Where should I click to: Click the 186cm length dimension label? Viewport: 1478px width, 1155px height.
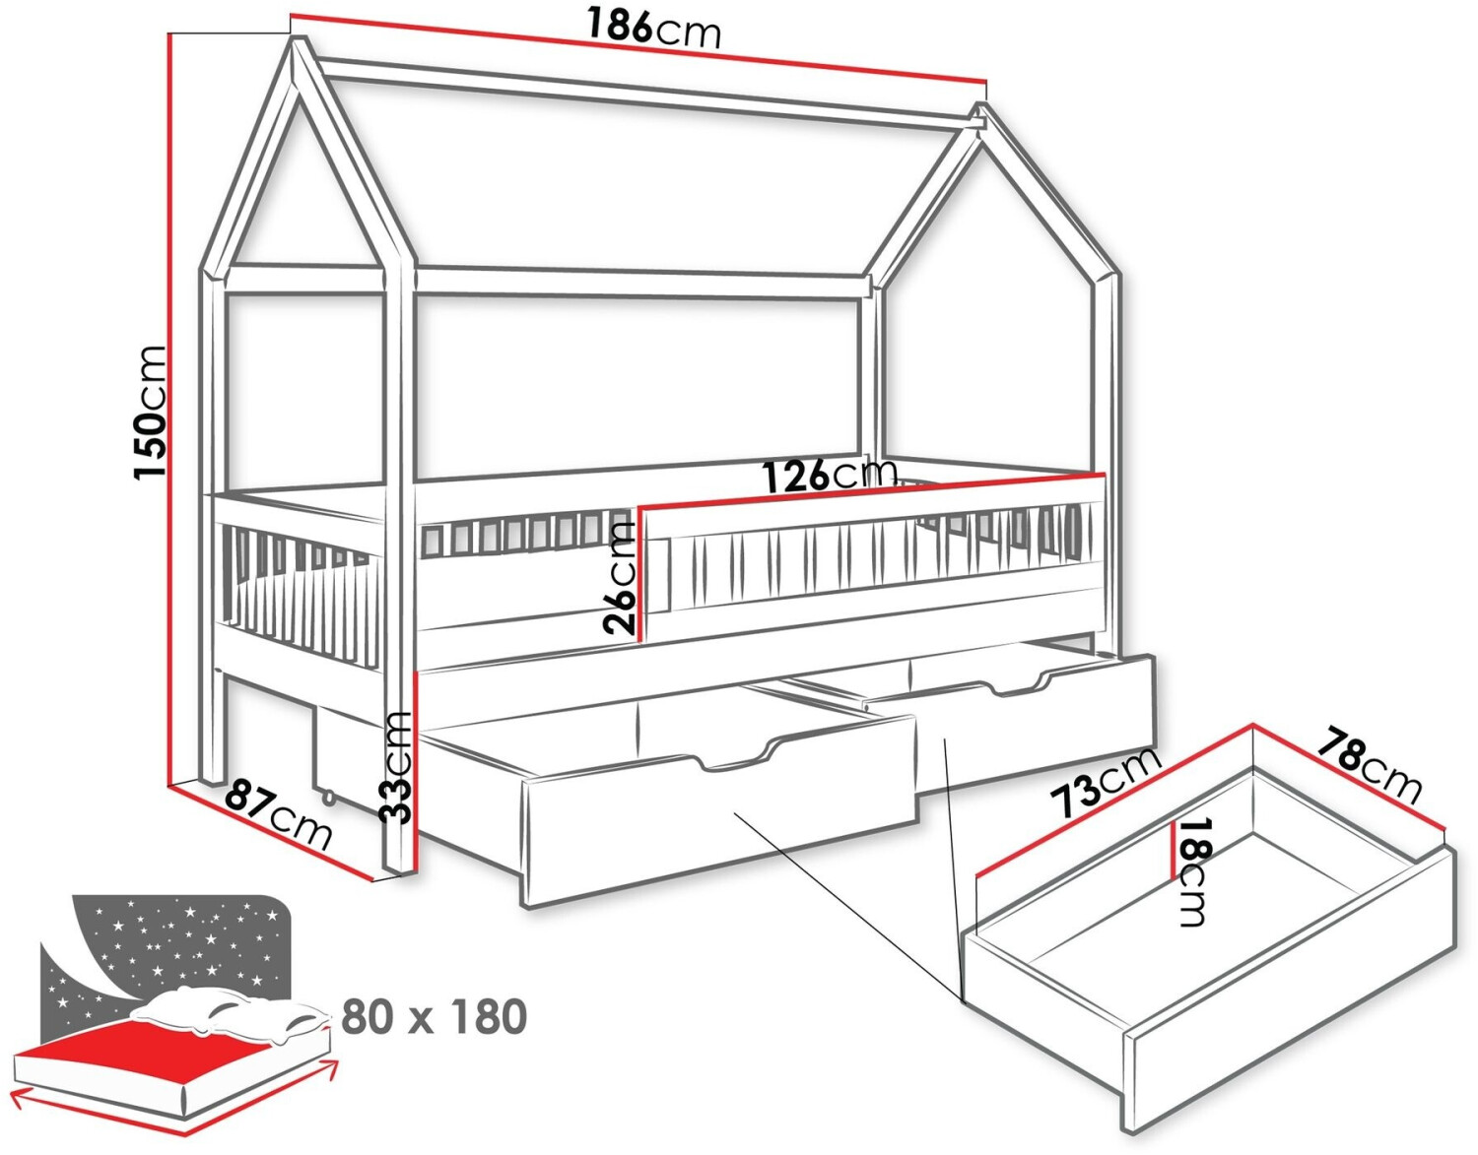[653, 30]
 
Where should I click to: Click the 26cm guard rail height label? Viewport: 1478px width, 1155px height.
[621, 576]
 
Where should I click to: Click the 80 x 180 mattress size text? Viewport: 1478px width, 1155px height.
[434, 1016]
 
